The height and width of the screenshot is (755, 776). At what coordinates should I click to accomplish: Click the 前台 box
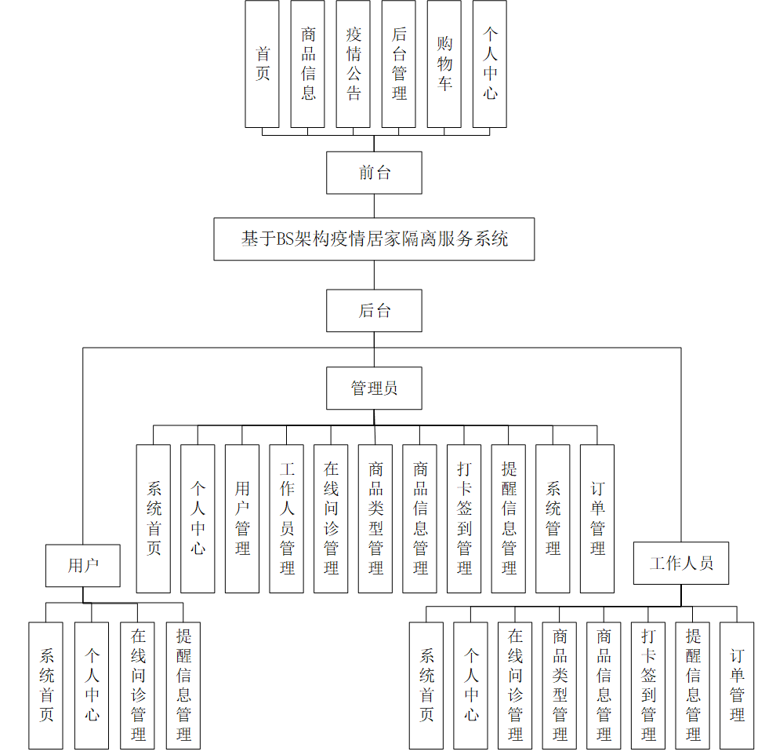pos(374,173)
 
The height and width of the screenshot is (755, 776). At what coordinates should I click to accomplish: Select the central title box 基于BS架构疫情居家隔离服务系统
pos(374,239)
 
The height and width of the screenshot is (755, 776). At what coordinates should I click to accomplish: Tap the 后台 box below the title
pos(374,311)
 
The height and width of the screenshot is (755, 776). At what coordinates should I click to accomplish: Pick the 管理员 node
pos(374,388)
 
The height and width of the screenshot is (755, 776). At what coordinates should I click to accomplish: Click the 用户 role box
pos(83,565)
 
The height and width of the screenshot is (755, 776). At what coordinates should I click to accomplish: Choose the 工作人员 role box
pos(680,563)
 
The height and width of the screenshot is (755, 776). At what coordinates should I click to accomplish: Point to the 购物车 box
pos(444,64)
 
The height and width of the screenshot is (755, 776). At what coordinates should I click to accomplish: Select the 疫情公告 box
pos(354,64)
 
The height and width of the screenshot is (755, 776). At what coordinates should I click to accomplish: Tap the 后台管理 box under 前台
pos(399,64)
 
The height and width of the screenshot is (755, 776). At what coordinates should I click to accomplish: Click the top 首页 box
pos(263,64)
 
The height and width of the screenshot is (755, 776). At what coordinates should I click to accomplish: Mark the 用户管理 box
pos(242,519)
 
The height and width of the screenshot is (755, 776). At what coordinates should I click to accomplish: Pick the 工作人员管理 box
pos(287,519)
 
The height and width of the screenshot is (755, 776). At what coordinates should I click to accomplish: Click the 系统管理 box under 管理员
pos(553,519)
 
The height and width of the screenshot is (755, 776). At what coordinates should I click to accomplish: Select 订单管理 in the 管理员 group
pos(597,519)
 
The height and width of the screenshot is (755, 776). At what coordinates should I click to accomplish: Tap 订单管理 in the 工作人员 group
pos(737,685)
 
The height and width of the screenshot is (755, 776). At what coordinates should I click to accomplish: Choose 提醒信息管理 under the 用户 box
pos(183,685)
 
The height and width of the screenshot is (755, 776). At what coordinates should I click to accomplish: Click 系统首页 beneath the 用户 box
pos(46,685)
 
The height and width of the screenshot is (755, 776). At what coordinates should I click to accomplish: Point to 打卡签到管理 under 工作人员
pos(648,685)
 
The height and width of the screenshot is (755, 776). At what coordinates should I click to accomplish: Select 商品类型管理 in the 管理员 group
pos(375,519)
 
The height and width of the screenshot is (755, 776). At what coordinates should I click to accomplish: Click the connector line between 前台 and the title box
pos(374,206)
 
